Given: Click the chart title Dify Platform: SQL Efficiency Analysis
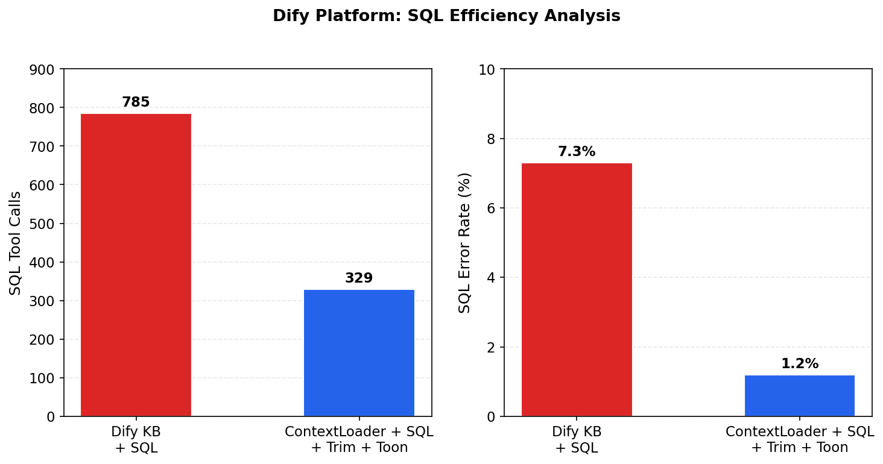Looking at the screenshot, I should [x=446, y=16].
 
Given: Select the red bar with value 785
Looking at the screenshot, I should [x=136, y=265].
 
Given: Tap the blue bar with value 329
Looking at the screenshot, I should [x=359, y=353].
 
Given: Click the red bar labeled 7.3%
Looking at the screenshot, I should [x=577, y=289].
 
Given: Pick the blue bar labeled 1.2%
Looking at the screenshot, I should [x=799, y=395].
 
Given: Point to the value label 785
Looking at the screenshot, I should [x=136, y=102].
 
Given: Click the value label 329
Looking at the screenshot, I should [x=359, y=278].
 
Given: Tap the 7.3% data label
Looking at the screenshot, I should [x=577, y=152].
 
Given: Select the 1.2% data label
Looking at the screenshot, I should [x=800, y=364].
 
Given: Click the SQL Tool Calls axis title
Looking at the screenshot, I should [x=16, y=243].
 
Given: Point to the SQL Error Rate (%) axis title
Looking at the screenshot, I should [x=464, y=243].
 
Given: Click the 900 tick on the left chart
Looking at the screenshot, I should [x=42, y=69].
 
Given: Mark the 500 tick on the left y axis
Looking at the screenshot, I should [x=42, y=224].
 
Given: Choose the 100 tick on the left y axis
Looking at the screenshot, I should [x=42, y=378].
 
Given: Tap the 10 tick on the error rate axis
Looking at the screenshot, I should [x=487, y=69].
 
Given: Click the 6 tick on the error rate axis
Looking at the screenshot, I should [x=491, y=208].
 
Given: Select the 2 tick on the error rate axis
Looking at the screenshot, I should [x=491, y=347].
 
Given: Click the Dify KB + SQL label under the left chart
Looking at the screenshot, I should [x=136, y=439].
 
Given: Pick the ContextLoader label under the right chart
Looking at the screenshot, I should [x=800, y=439].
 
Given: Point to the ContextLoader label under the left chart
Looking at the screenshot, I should [x=359, y=439].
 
